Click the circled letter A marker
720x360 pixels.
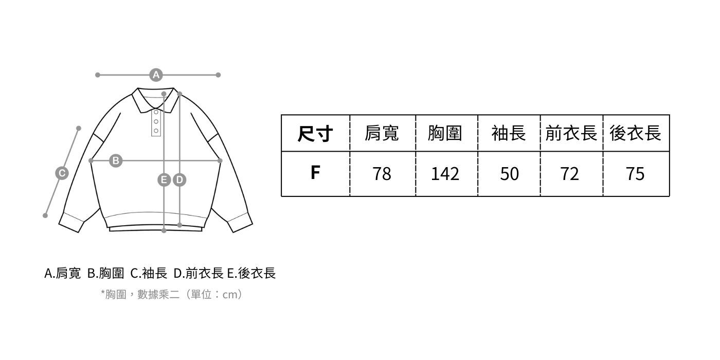[x=156, y=75]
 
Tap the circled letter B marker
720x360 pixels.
[x=116, y=160]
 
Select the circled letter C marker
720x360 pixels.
[x=62, y=173]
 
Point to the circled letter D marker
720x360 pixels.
[x=179, y=179]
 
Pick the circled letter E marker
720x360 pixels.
[x=164, y=179]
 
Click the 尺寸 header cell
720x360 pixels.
[x=315, y=134]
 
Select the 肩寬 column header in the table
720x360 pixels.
[x=382, y=134]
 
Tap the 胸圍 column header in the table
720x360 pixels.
[x=445, y=134]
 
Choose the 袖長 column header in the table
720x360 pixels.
[x=509, y=134]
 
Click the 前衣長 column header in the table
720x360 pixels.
[x=571, y=134]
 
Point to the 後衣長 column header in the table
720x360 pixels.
[x=636, y=134]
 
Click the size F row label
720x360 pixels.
[x=315, y=173]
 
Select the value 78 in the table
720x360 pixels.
[x=382, y=174]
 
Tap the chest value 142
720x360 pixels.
[x=445, y=174]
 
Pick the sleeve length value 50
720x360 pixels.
[x=509, y=174]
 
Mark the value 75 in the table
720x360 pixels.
[x=636, y=174]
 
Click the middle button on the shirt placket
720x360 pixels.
[x=156, y=121]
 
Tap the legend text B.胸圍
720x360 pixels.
[x=105, y=273]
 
